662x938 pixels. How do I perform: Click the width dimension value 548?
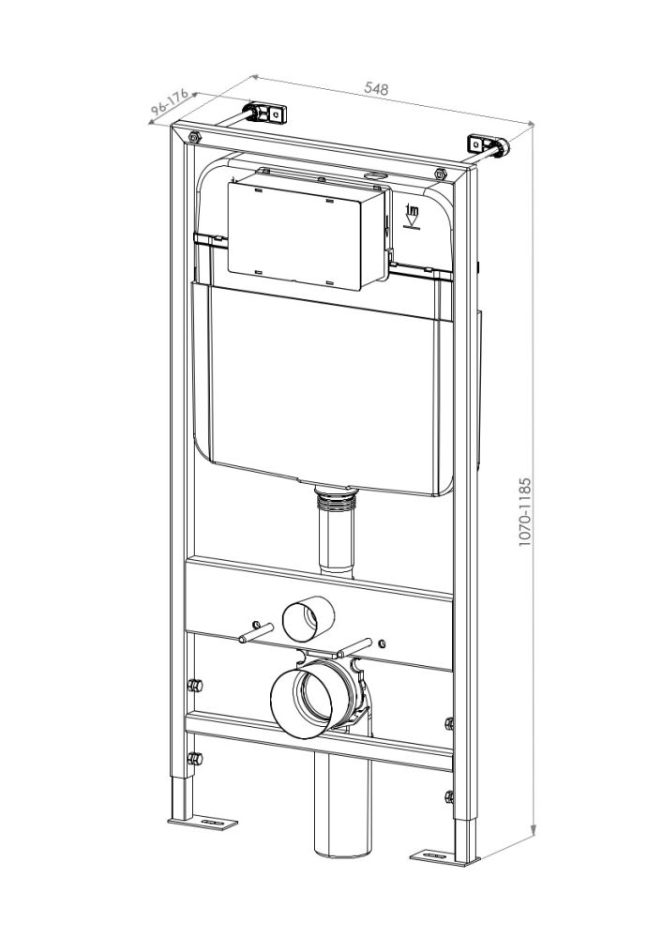point(376,88)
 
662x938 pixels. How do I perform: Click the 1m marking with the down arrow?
point(410,215)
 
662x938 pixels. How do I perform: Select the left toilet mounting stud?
point(253,634)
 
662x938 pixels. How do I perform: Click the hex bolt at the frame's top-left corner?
point(193,138)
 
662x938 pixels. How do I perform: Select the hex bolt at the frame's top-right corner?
point(441,173)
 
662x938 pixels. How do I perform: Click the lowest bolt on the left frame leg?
point(193,758)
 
